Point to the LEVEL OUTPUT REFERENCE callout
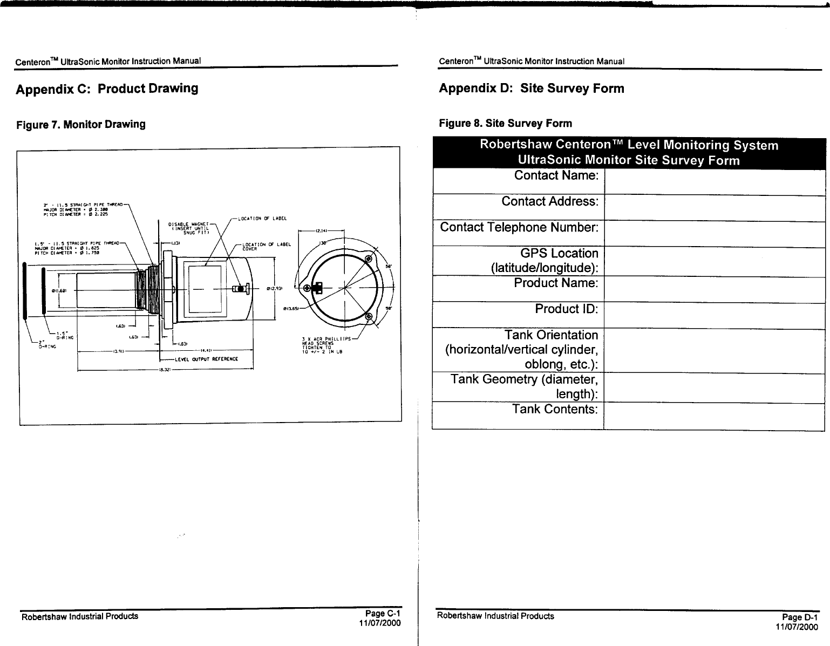(x=207, y=359)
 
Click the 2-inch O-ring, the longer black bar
(x=25, y=292)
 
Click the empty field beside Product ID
(x=715, y=315)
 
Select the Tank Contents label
(x=555, y=409)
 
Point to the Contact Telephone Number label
(x=519, y=227)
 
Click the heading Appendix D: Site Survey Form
(x=531, y=89)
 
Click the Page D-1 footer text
(x=800, y=617)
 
